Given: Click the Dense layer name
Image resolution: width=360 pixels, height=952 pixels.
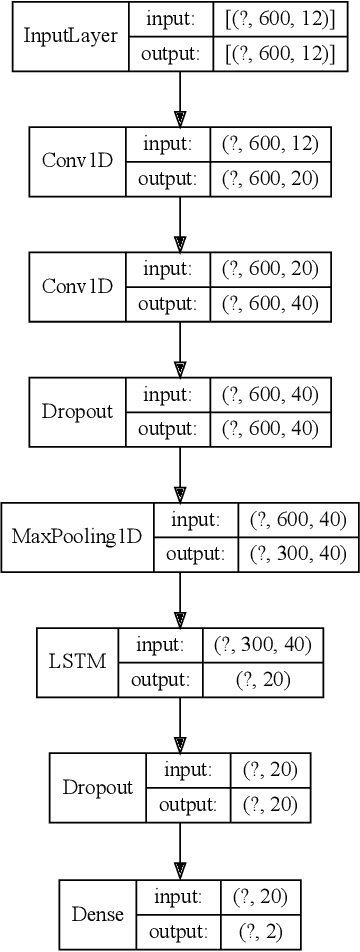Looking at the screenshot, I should (x=97, y=913).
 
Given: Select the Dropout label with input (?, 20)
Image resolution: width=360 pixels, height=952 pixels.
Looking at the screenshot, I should (x=98, y=787).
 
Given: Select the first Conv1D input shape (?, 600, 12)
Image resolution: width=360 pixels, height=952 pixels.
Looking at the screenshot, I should (x=269, y=145).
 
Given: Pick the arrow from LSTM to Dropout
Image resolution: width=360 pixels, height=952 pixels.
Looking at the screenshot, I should (x=180, y=724).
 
